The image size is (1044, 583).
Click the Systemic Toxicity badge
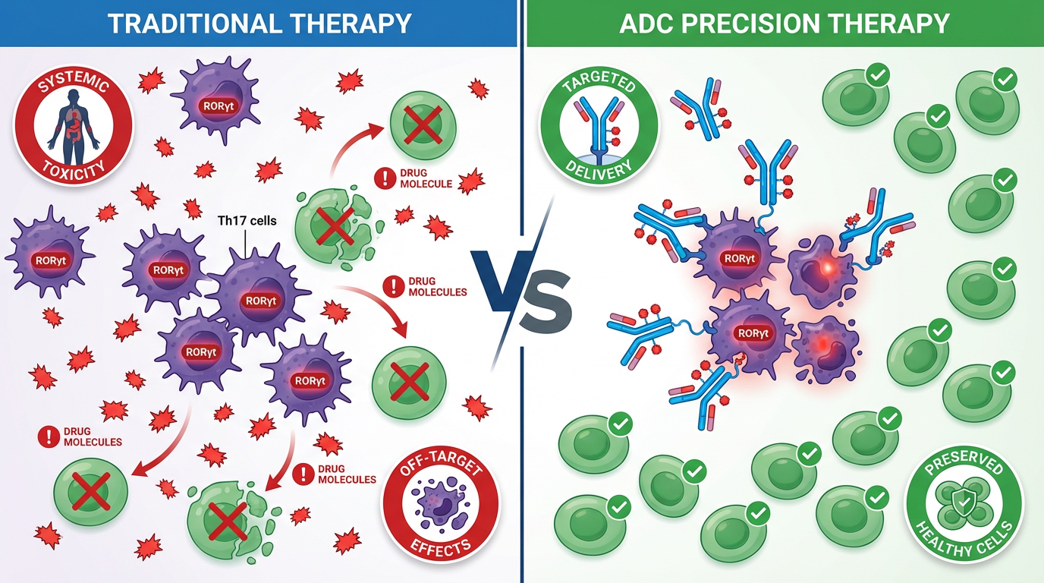click(74, 125)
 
